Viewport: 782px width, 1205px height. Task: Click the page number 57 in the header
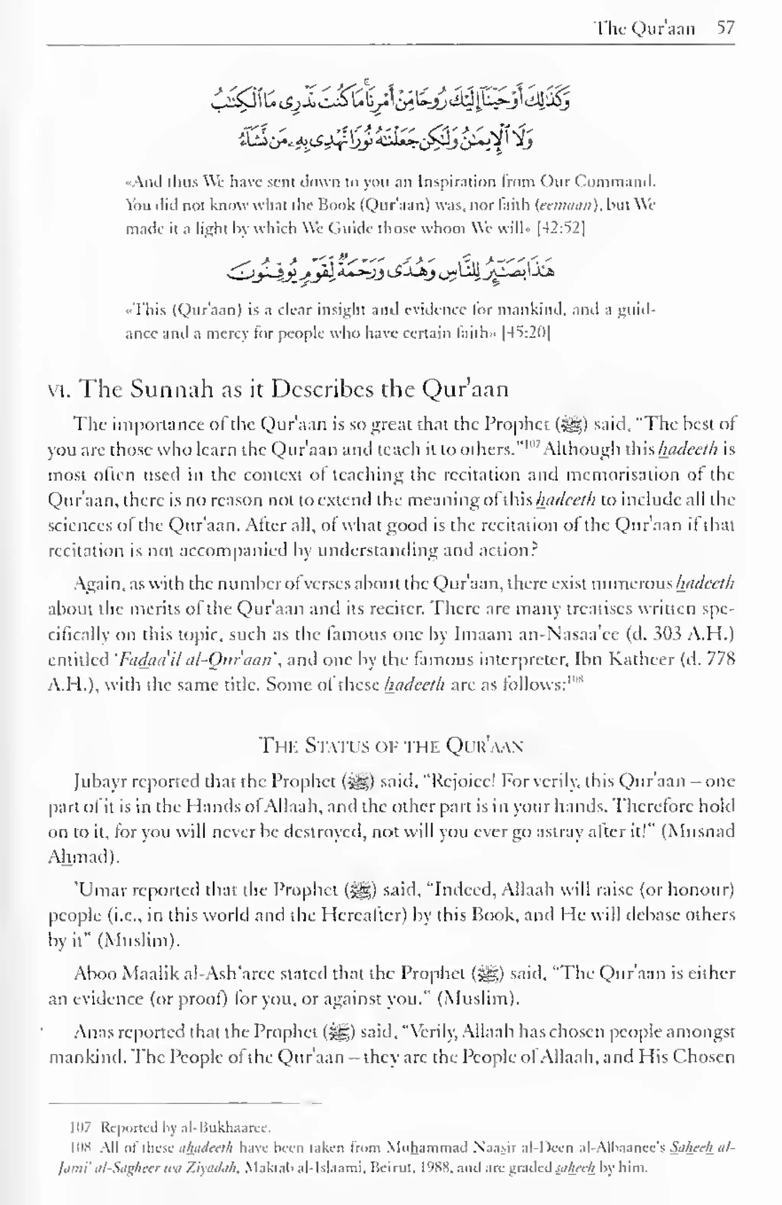pyautogui.click(x=725, y=27)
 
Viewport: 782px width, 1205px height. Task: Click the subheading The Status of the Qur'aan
pyautogui.click(x=391, y=746)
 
